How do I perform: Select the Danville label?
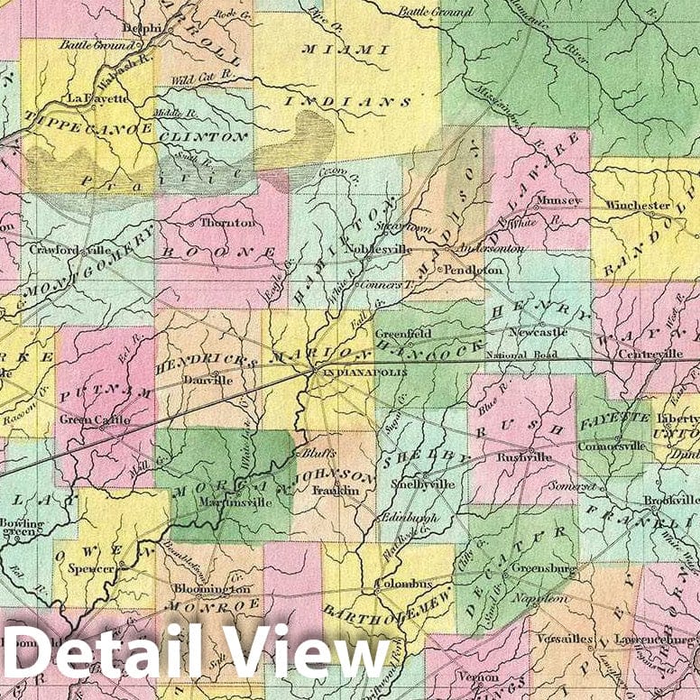pyautogui.click(x=208, y=381)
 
